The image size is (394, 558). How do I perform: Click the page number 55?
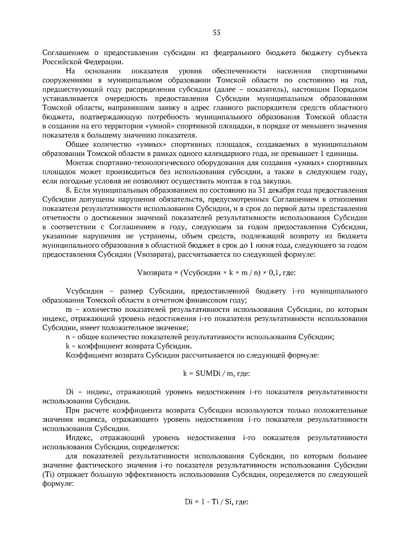[217, 33]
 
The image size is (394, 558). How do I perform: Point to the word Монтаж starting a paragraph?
[77, 163]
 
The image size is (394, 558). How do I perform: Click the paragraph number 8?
[68, 191]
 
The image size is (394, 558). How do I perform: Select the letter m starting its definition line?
[69, 310]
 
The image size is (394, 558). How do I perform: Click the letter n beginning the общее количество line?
[68, 337]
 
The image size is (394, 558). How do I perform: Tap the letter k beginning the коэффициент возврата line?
[68, 346]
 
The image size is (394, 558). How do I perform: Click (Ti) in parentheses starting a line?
[48, 475]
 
